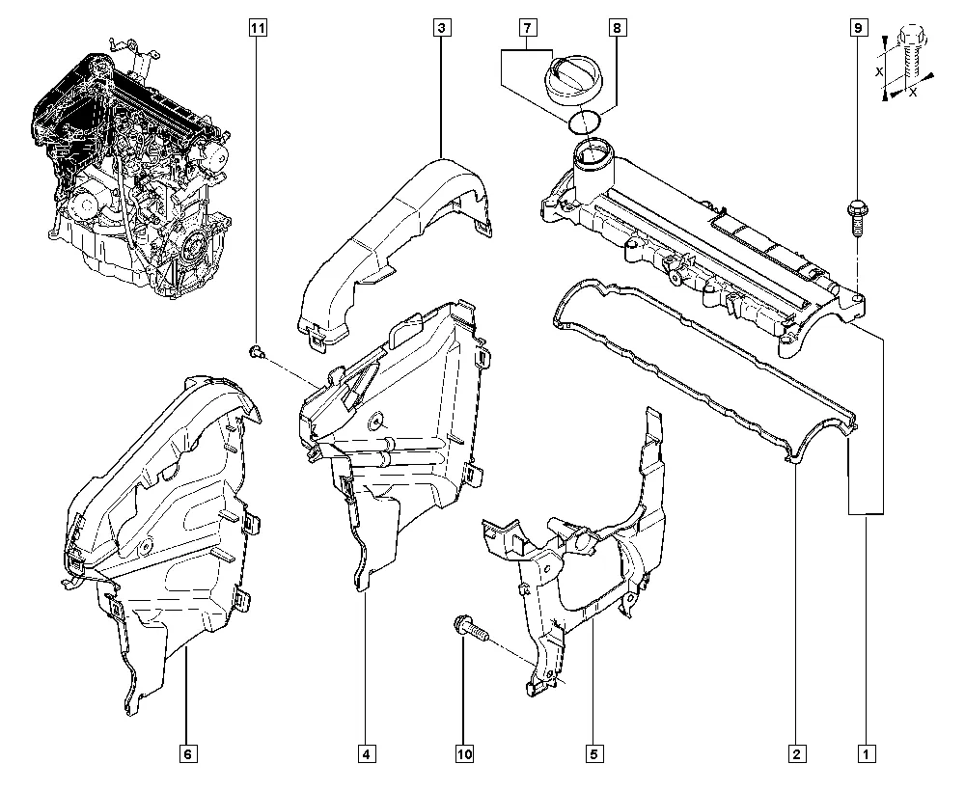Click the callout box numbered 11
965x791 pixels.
258,28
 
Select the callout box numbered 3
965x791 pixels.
441,28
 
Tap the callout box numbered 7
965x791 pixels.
528,28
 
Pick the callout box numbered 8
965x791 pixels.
618,28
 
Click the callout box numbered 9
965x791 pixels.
859,28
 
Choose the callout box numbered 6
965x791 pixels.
188,753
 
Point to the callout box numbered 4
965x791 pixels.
366,753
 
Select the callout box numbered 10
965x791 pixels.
465,753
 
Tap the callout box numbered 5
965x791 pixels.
593,753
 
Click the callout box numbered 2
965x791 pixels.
796,753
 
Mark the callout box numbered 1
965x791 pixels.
866,753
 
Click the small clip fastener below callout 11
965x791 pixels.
257,352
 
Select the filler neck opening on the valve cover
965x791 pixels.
593,153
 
